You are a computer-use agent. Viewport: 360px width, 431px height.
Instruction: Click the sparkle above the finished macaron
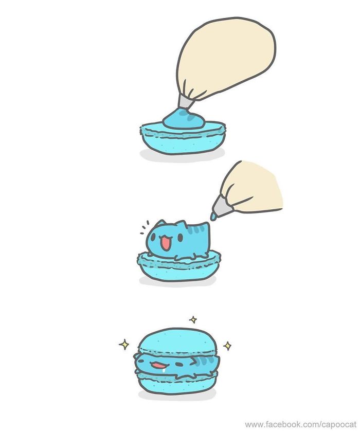(193, 319)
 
